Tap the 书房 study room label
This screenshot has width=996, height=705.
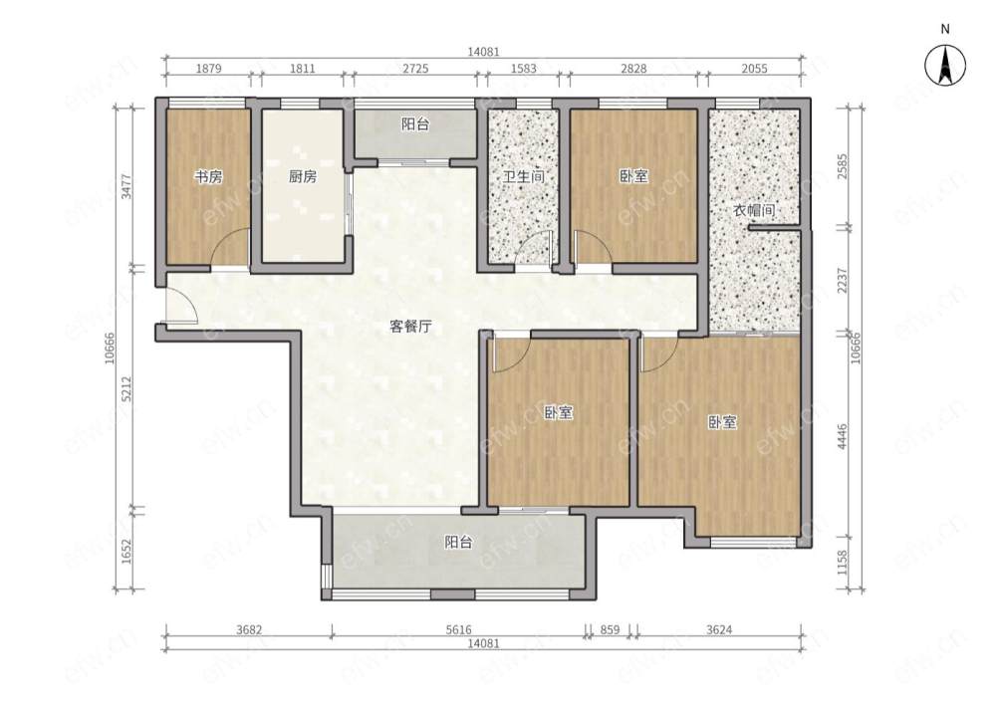pos(208,176)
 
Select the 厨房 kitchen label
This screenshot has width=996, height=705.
pos(303,176)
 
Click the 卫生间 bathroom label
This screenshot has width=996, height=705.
pos(524,176)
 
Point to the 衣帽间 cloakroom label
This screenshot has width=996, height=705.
pos(754,209)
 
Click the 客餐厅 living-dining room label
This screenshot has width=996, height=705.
pos(410,327)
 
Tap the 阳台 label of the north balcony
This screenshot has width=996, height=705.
pos(415,124)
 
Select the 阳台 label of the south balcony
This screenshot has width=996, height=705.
pos(458,543)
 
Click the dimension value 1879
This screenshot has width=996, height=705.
pos(208,69)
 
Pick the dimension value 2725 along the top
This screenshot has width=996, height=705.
pos(415,69)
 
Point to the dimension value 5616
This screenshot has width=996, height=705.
pos(458,629)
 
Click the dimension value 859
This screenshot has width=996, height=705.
pos(610,629)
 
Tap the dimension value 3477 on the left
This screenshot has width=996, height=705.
pos(127,187)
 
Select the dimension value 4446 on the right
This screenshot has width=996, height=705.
pos(843,437)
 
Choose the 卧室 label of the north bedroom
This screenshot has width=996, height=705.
pos(633,176)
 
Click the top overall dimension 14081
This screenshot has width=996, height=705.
pos(483,52)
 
